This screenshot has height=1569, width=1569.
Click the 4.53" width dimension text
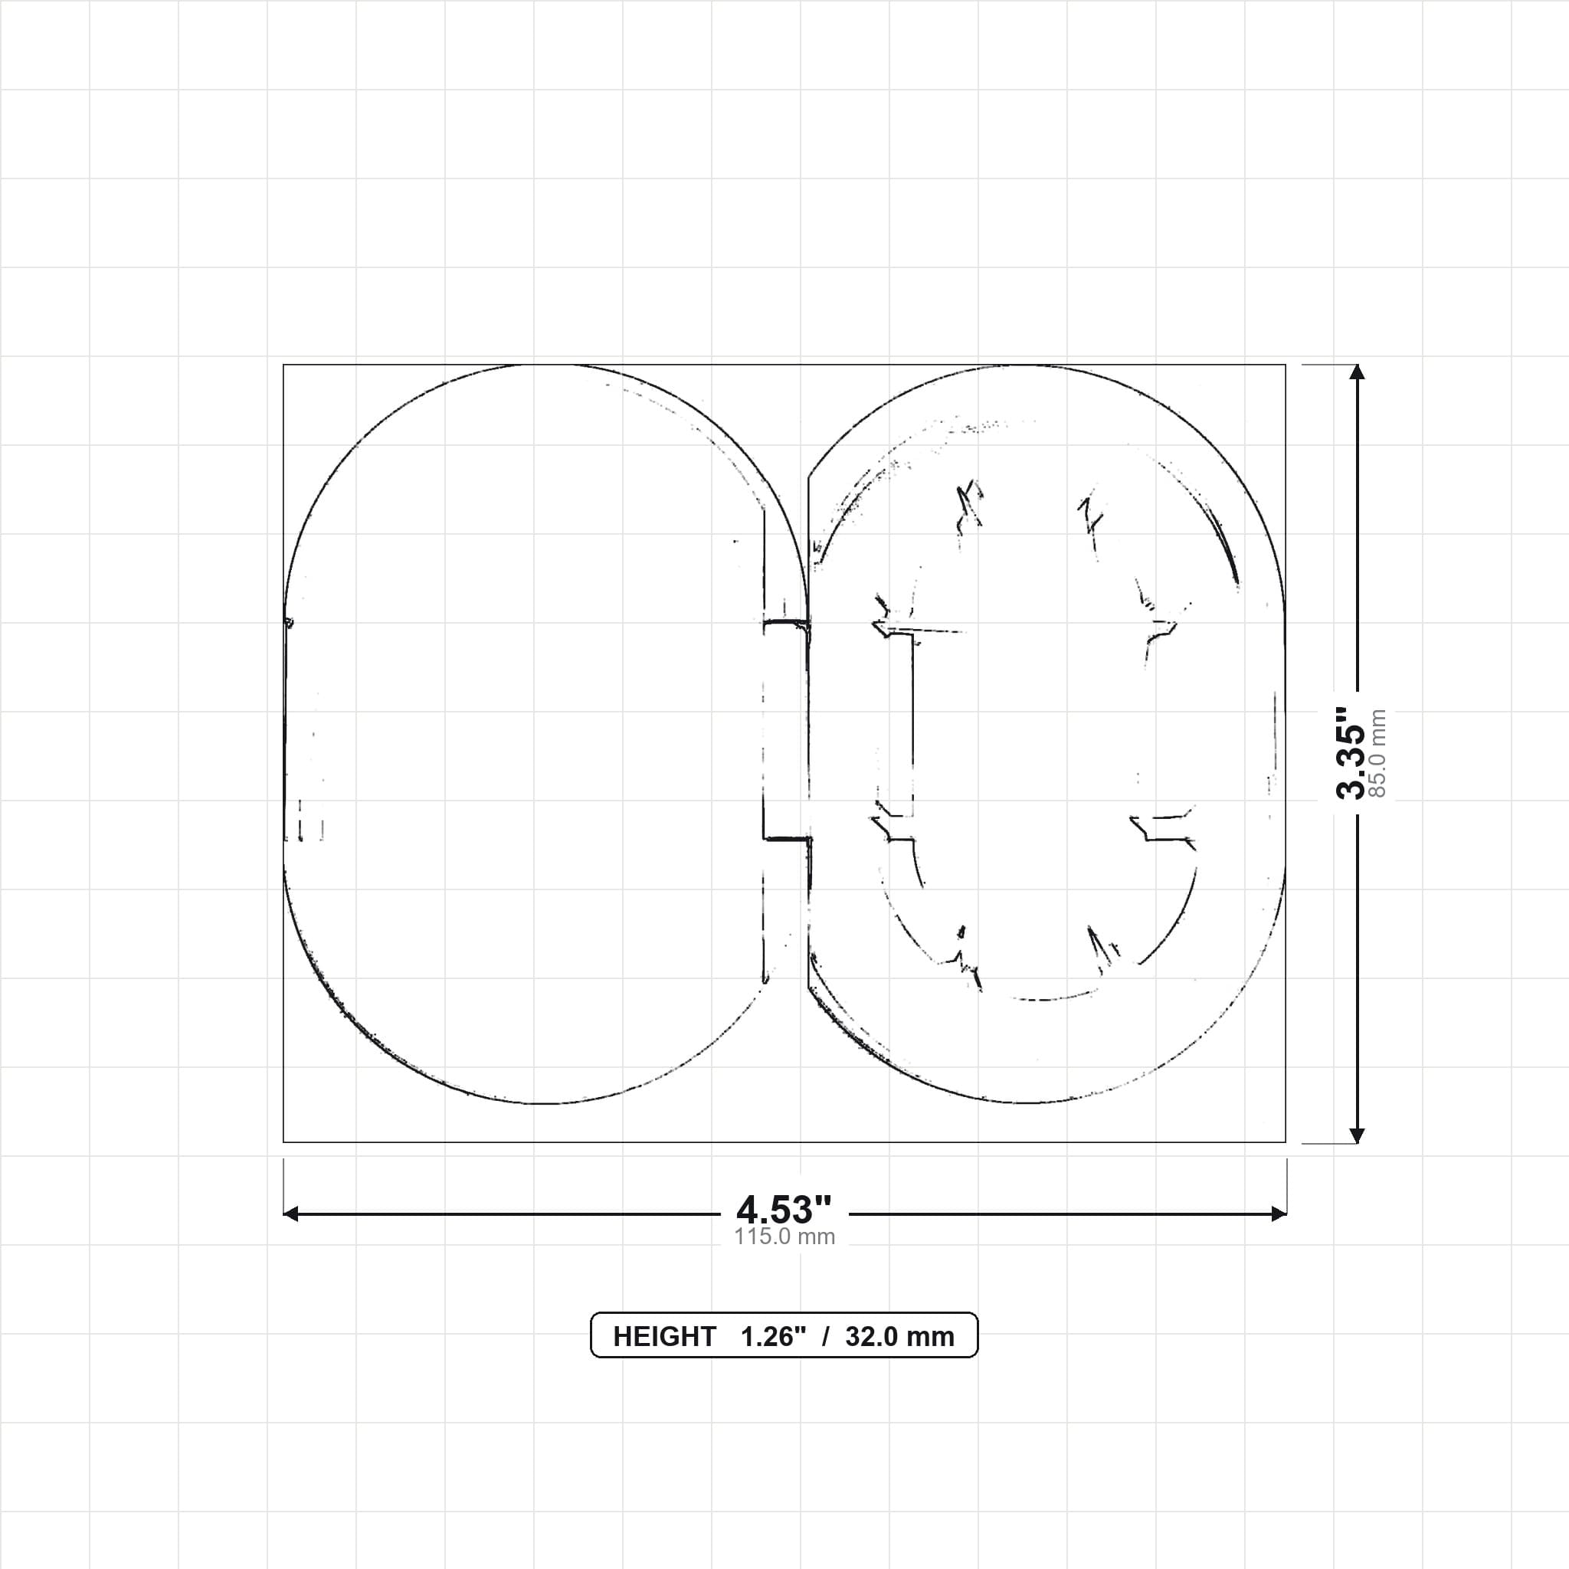pyautogui.click(x=784, y=1210)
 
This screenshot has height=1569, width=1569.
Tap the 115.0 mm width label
pyautogui.click(x=784, y=1237)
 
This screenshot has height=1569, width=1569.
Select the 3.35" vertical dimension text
pyautogui.click(x=1352, y=753)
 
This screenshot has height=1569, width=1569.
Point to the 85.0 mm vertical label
pyautogui.click(x=1377, y=753)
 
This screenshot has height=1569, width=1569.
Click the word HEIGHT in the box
pyautogui.click(x=664, y=1336)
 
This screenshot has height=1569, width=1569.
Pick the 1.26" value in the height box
pyautogui.click(x=773, y=1336)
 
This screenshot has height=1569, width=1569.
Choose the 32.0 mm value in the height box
pyautogui.click(x=900, y=1336)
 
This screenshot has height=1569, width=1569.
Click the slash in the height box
pyautogui.click(x=826, y=1336)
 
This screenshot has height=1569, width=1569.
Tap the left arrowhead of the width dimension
pyautogui.click(x=290, y=1214)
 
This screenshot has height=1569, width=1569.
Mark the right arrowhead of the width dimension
pyautogui.click(x=1279, y=1214)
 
